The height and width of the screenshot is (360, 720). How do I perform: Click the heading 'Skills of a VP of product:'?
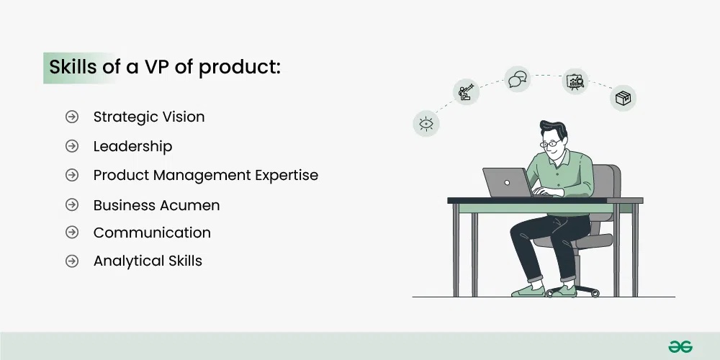coord(164,67)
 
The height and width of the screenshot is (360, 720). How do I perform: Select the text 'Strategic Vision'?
coord(149,117)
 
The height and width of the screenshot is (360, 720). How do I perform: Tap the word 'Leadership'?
coord(132,146)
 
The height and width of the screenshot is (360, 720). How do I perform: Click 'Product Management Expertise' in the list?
coord(205,175)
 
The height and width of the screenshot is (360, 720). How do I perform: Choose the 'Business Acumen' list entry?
coord(156,205)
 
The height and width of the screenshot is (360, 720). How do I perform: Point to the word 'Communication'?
coord(152,233)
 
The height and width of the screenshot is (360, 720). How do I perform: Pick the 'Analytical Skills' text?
coord(148,261)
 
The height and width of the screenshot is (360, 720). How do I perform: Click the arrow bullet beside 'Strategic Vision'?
coord(72,117)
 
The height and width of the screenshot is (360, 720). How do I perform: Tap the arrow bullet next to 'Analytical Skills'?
coord(72,261)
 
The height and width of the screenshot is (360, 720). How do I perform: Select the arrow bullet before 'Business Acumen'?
coord(72,205)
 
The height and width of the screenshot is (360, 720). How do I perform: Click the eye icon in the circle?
coord(426,123)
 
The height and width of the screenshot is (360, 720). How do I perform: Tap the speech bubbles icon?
coord(517,78)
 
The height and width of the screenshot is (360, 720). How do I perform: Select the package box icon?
coord(623,98)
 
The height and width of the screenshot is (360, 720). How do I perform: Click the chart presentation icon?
coord(575,81)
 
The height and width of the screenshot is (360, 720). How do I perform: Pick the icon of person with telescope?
coord(466,92)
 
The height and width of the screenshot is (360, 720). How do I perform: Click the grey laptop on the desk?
coord(505,183)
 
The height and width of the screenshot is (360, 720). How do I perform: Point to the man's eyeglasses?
coord(551,144)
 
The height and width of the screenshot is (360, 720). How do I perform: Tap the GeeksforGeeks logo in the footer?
coord(679,346)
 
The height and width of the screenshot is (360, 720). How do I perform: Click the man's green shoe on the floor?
coord(528,289)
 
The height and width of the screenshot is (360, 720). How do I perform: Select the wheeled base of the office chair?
coord(573,289)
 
